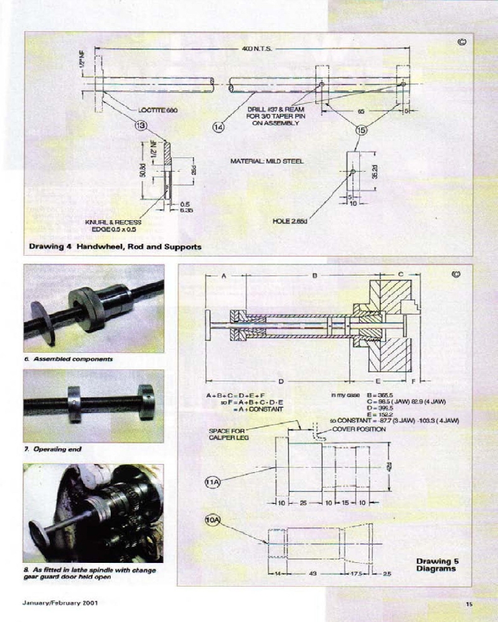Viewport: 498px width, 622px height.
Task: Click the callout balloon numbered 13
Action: click(x=141, y=126)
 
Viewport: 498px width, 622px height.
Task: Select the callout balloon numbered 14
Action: click(x=218, y=127)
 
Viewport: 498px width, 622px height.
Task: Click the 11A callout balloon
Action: click(x=213, y=481)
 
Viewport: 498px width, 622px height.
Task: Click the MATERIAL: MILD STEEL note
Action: click(x=267, y=161)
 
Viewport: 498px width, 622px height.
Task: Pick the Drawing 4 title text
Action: click(x=115, y=246)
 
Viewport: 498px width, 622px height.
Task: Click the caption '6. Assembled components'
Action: click(x=73, y=360)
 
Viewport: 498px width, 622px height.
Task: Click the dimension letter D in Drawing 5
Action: click(x=281, y=380)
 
